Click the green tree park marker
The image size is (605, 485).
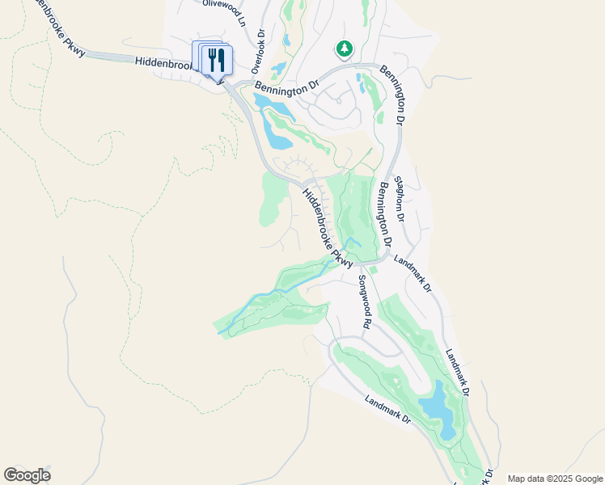[345, 49]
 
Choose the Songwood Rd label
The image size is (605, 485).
[365, 302]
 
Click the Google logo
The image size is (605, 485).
[27, 475]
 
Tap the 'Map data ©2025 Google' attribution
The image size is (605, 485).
[554, 479]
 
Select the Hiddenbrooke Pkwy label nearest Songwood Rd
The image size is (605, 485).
[327, 228]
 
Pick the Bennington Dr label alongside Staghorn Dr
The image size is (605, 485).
[384, 213]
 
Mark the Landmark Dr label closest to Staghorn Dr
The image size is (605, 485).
[412, 273]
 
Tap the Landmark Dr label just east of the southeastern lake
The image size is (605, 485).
[456, 371]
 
